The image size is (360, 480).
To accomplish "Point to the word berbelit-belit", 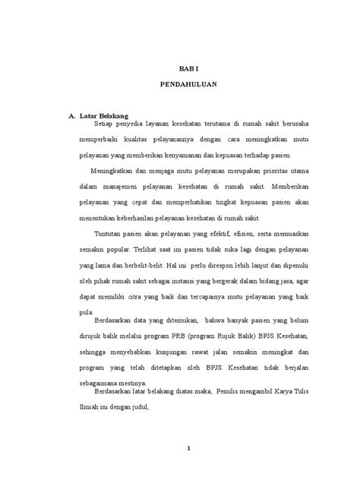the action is click(139, 265).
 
